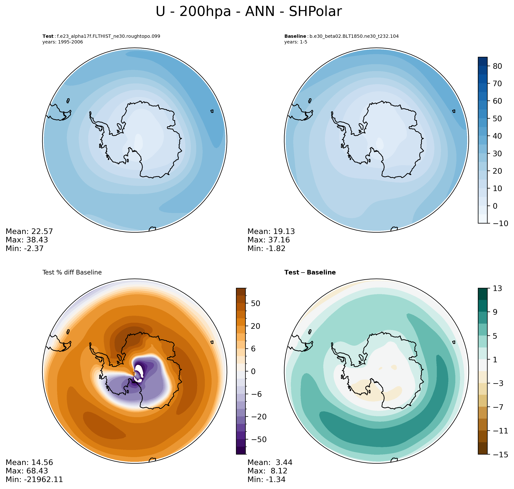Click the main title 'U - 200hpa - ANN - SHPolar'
pyautogui.click(x=248, y=12)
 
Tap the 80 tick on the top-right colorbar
pyautogui.click(x=497, y=66)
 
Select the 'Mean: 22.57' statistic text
pyautogui.click(x=29, y=231)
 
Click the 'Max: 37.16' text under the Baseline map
pyautogui.click(x=268, y=240)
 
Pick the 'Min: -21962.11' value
pyautogui.click(x=34, y=479)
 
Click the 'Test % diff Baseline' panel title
pyautogui.click(x=72, y=272)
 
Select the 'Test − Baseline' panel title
pyautogui.click(x=310, y=272)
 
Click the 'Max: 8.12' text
pyautogui.click(x=267, y=471)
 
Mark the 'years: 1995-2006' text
pyautogui.click(x=63, y=42)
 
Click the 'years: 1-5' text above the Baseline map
pyautogui.click(x=296, y=42)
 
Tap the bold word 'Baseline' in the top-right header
pyautogui.click(x=295, y=36)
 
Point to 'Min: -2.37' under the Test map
pyautogui.click(x=25, y=248)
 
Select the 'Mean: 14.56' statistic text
pyautogui.click(x=29, y=462)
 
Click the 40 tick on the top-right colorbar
pyautogui.click(x=497, y=136)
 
